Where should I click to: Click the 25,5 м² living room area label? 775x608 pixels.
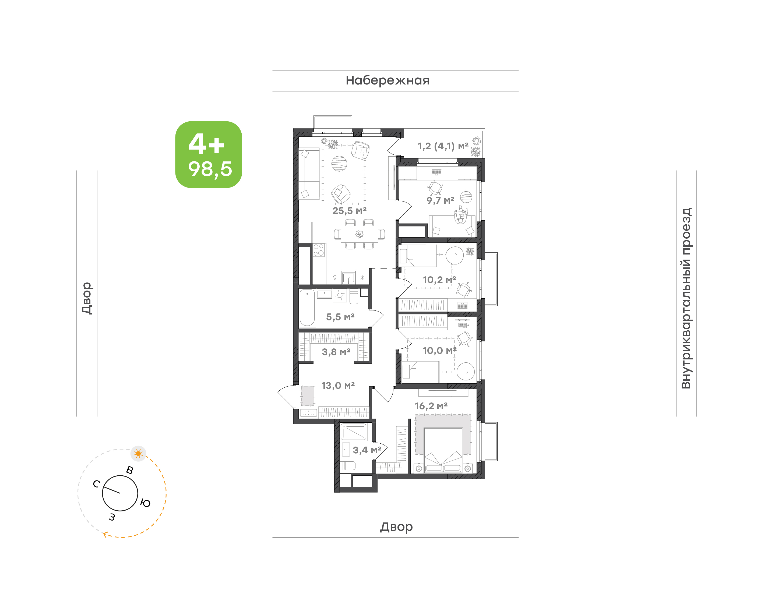(349, 211)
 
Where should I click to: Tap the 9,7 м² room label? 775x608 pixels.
(440, 200)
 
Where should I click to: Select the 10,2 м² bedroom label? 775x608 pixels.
(439, 280)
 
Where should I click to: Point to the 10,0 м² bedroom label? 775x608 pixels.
(439, 351)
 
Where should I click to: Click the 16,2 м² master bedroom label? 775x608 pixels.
(431, 406)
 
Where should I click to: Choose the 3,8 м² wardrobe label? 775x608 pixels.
(336, 352)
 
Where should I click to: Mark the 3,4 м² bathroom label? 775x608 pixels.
(367, 450)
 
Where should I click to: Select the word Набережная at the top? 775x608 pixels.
(387, 80)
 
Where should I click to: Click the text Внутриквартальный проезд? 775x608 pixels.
(686, 298)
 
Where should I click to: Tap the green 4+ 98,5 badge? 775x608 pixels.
(209, 154)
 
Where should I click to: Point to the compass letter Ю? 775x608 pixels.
(145, 503)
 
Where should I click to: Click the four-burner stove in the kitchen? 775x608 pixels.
(319, 250)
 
